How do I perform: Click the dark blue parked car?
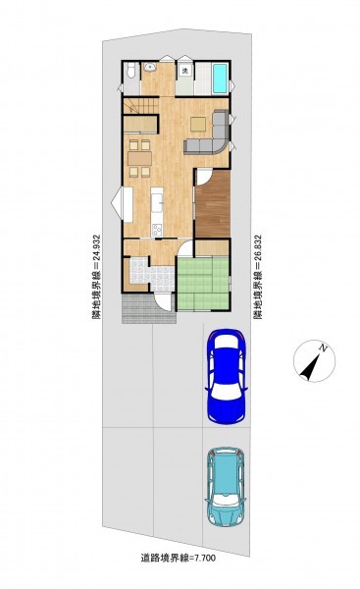[226, 376]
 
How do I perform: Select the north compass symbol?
[314, 361]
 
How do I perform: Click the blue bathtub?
[220, 79]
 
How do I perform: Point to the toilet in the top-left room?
[130, 71]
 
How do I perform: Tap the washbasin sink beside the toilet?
[150, 67]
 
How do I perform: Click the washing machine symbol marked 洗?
[185, 70]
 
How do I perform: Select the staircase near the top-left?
[141, 105]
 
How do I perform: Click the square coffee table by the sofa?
[198, 124]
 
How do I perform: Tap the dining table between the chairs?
[139, 158]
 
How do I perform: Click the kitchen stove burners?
[157, 230]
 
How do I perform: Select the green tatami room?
[203, 283]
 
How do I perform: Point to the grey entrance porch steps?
[148, 309]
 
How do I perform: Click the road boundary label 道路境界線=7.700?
[179, 559]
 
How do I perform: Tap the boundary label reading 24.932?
[96, 277]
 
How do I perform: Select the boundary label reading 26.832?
[258, 277]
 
